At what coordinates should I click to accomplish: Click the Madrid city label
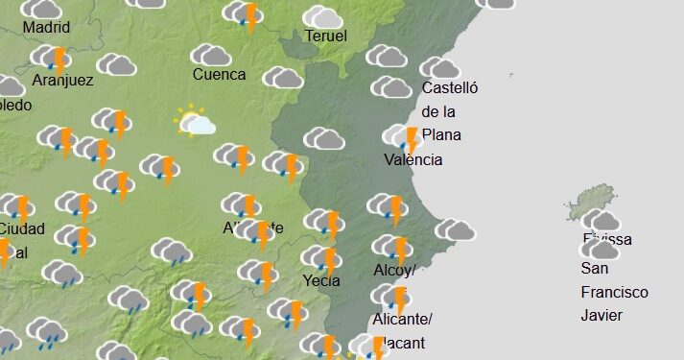click(46, 27)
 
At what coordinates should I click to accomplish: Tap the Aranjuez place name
click(62, 81)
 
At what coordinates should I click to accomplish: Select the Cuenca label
click(219, 74)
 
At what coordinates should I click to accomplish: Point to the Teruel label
click(325, 36)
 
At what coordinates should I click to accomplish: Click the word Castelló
click(450, 88)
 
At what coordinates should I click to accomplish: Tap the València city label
click(413, 159)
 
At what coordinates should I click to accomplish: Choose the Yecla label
click(322, 281)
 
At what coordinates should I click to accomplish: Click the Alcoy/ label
click(393, 271)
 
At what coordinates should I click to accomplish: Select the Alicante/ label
click(402, 319)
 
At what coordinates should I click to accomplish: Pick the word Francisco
click(614, 292)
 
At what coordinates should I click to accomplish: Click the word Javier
click(601, 315)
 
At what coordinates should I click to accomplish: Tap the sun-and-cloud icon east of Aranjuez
click(195, 122)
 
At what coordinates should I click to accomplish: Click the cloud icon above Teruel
click(323, 16)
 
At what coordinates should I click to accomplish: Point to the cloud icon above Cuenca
click(211, 56)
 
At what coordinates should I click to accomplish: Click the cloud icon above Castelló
click(440, 67)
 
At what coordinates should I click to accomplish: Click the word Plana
click(441, 134)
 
